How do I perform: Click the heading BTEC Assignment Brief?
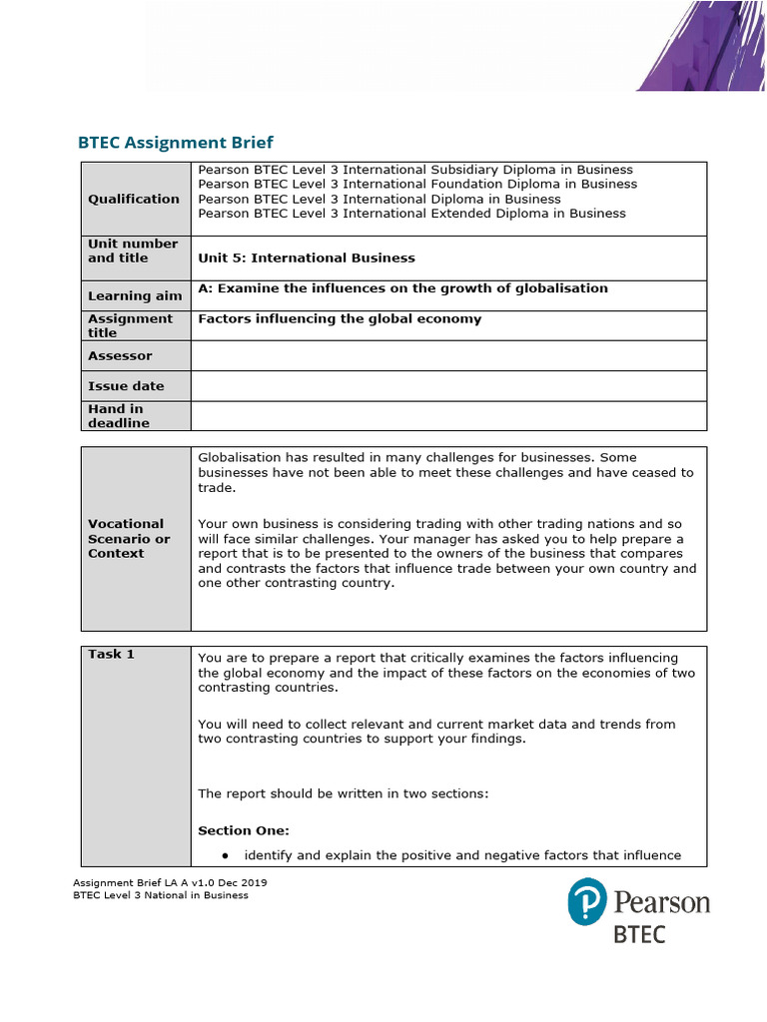coord(175,143)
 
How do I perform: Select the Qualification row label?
coord(134,199)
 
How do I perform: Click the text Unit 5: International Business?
coord(307,257)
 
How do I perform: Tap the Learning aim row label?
coord(135,295)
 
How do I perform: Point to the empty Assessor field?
coord(447,355)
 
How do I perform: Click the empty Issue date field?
coord(447,385)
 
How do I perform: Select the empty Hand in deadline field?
coord(447,415)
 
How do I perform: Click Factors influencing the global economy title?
coord(340,319)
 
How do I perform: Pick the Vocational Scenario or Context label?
coord(129,538)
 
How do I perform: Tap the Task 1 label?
coord(111,654)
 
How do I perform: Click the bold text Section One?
coord(244,830)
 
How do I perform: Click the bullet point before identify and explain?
coord(227,855)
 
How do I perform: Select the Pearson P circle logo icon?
coord(587,901)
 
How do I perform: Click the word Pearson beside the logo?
coord(662,903)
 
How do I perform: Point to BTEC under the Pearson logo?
coord(639,935)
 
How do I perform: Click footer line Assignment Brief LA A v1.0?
coord(170,882)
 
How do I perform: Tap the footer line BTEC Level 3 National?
coord(161,895)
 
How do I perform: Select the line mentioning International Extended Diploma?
coord(411,213)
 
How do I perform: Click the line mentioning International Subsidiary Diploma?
coord(415,170)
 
